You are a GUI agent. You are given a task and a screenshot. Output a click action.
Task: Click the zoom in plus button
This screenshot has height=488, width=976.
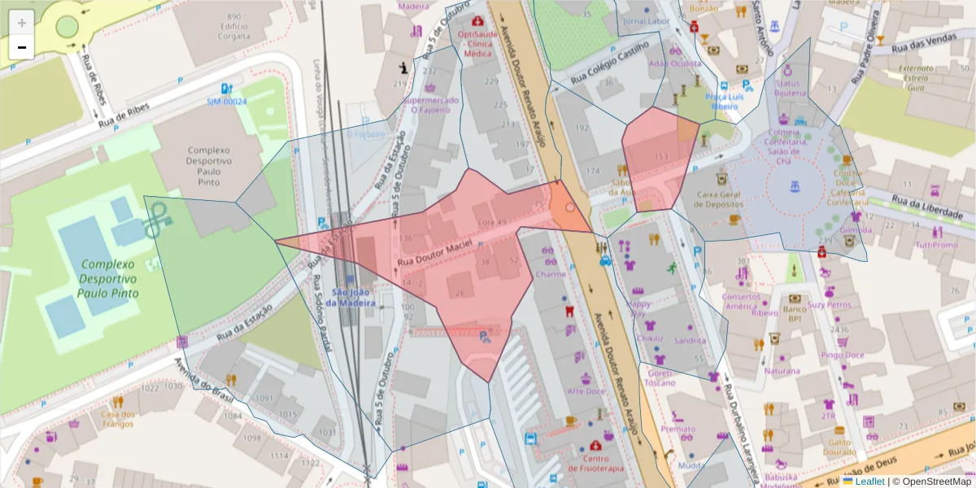(x=21, y=22)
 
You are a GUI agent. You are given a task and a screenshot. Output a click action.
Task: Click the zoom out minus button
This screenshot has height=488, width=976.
(x=21, y=47)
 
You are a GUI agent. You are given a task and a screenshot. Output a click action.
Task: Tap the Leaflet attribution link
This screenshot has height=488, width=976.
(x=869, y=481)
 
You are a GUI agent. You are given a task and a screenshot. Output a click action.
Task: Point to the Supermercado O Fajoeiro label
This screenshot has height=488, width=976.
(x=430, y=105)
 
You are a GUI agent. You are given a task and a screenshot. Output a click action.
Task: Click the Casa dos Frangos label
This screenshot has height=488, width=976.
(x=117, y=418)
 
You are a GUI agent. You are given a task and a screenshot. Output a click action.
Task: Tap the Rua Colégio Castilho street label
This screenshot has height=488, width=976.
(x=608, y=68)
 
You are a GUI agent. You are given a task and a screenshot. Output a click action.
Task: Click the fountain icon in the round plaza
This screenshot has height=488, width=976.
(x=793, y=190)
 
